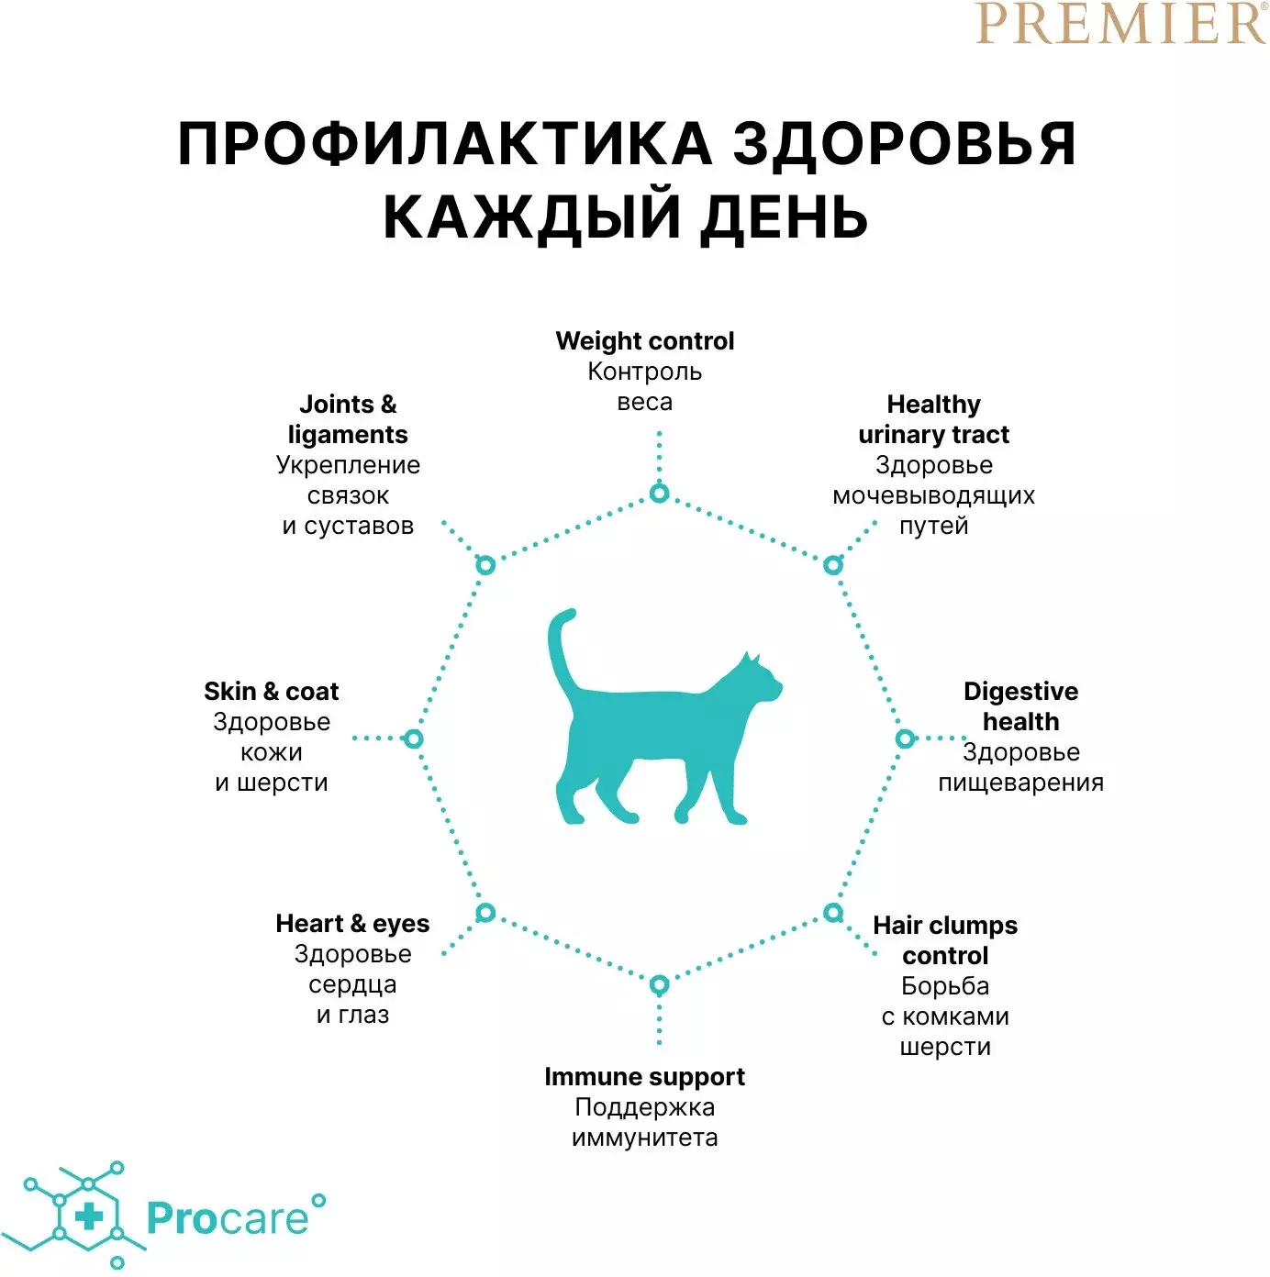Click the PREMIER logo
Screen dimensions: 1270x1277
(x=1120, y=23)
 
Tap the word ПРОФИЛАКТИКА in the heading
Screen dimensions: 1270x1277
(x=444, y=144)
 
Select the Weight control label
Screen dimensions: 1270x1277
(x=644, y=341)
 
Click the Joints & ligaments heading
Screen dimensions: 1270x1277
(x=348, y=419)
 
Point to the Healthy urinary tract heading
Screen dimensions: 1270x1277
(x=933, y=419)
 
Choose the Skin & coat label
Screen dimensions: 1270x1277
(x=272, y=691)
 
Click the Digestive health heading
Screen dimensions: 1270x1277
(x=1020, y=706)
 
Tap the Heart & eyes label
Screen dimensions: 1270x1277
(x=352, y=924)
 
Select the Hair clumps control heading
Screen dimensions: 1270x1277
(x=945, y=941)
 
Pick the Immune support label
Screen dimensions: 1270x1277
(x=644, y=1077)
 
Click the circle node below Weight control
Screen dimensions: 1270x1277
(x=659, y=493)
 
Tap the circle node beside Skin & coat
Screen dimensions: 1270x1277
(x=413, y=738)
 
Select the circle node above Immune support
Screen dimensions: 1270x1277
(x=659, y=985)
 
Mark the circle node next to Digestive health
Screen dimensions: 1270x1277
(x=905, y=738)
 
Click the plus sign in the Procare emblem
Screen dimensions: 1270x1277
(x=89, y=1217)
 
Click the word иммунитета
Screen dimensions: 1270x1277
(x=644, y=1138)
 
